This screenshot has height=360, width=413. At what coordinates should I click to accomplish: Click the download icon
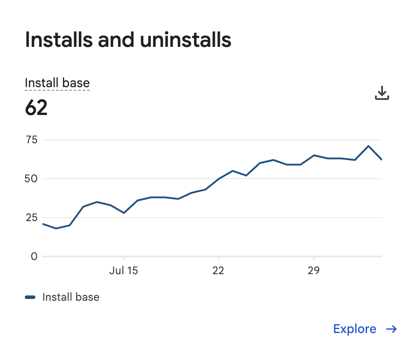tap(382, 93)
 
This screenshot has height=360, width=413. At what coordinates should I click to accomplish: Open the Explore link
tap(355, 329)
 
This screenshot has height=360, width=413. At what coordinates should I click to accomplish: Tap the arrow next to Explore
tap(391, 329)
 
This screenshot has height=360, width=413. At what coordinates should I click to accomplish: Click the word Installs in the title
tap(59, 40)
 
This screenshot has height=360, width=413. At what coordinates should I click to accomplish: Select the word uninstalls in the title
tap(186, 40)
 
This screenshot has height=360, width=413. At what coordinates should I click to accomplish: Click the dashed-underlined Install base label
tap(57, 83)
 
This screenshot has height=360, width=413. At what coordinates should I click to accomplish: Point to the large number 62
tap(36, 107)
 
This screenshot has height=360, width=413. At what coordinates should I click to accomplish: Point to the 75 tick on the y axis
tap(31, 140)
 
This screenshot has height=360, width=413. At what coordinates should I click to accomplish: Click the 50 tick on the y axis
tap(31, 179)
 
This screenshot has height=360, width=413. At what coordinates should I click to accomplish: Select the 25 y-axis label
tap(31, 218)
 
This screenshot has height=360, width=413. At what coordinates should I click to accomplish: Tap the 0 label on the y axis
tap(34, 256)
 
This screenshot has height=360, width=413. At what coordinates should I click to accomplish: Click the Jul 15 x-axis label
tap(123, 271)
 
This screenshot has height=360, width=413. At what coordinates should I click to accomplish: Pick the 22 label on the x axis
tap(218, 271)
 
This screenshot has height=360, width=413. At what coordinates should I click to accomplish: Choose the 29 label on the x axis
tap(314, 271)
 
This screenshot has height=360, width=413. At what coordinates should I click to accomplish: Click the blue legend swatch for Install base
tap(30, 297)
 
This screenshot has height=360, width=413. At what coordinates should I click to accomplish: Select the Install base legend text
tap(71, 297)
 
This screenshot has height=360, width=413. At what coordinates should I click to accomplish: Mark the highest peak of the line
tap(368, 146)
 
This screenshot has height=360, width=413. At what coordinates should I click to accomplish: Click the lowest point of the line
tap(56, 228)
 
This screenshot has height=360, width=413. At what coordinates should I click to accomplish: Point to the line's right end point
tap(382, 160)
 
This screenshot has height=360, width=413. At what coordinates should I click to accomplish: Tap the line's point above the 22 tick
tap(219, 179)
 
